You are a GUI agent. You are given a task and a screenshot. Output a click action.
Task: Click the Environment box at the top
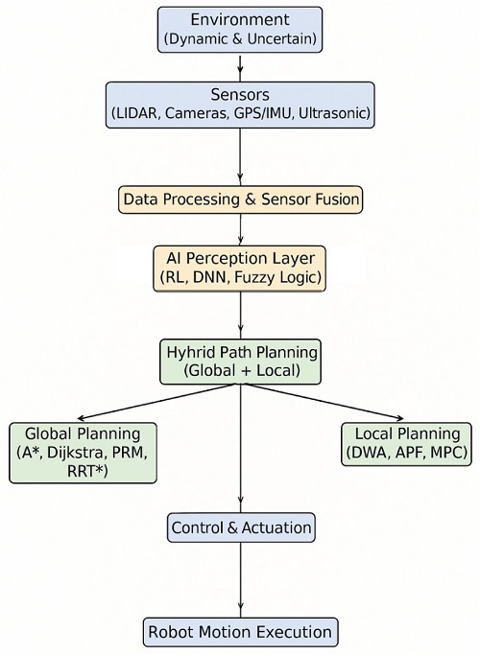tap(239, 30)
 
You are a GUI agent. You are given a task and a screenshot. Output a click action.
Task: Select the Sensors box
tap(239, 105)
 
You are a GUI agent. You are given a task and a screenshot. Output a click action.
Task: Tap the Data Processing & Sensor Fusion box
tap(240, 199)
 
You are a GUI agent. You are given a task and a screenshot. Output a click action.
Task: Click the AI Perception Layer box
tap(240, 269)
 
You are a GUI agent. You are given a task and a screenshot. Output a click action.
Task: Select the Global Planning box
tap(83, 451)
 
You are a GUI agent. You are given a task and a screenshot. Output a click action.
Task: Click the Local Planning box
tap(407, 443)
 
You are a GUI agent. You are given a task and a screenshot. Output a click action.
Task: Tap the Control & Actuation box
tap(240, 526)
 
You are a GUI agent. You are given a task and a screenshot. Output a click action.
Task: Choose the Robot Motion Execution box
tap(240, 632)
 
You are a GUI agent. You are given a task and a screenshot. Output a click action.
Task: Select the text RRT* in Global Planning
tap(82, 471)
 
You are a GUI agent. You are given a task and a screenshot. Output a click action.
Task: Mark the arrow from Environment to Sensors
tap(240, 66)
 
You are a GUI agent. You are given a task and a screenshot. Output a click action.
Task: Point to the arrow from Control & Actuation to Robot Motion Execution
tap(240, 579)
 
